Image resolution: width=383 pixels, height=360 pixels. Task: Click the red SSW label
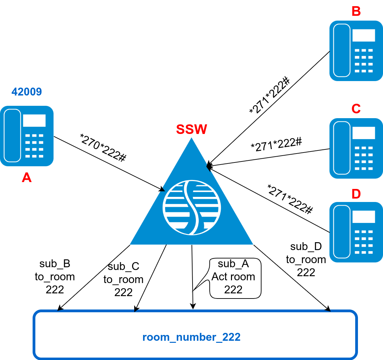point(191,129)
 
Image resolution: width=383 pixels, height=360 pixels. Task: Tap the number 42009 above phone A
point(27,92)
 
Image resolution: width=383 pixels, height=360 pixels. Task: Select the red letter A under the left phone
point(26,178)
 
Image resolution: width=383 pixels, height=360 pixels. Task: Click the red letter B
point(356,12)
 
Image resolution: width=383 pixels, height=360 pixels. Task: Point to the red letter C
point(356,109)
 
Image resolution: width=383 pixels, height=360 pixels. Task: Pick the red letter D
point(356,194)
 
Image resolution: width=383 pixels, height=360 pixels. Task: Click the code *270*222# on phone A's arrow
point(103,147)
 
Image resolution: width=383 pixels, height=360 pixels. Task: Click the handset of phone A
point(12,135)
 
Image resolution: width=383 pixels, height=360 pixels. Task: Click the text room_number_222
point(191,337)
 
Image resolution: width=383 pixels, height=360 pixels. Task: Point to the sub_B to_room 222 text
point(55,277)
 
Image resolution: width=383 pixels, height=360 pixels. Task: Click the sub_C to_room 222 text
point(124,279)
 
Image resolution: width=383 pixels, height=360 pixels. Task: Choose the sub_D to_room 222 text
point(306,259)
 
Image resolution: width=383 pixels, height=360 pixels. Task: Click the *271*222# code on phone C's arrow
point(276,145)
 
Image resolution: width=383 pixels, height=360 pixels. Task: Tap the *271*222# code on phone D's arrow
point(290,199)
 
